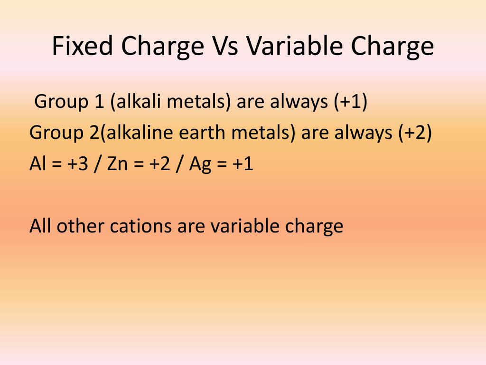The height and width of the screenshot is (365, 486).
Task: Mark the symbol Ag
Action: [x=200, y=165]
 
